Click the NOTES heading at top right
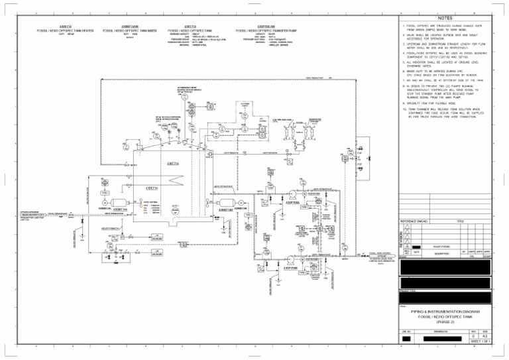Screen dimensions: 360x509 [x=445, y=19]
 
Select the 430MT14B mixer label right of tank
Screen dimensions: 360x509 [x=225, y=209]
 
